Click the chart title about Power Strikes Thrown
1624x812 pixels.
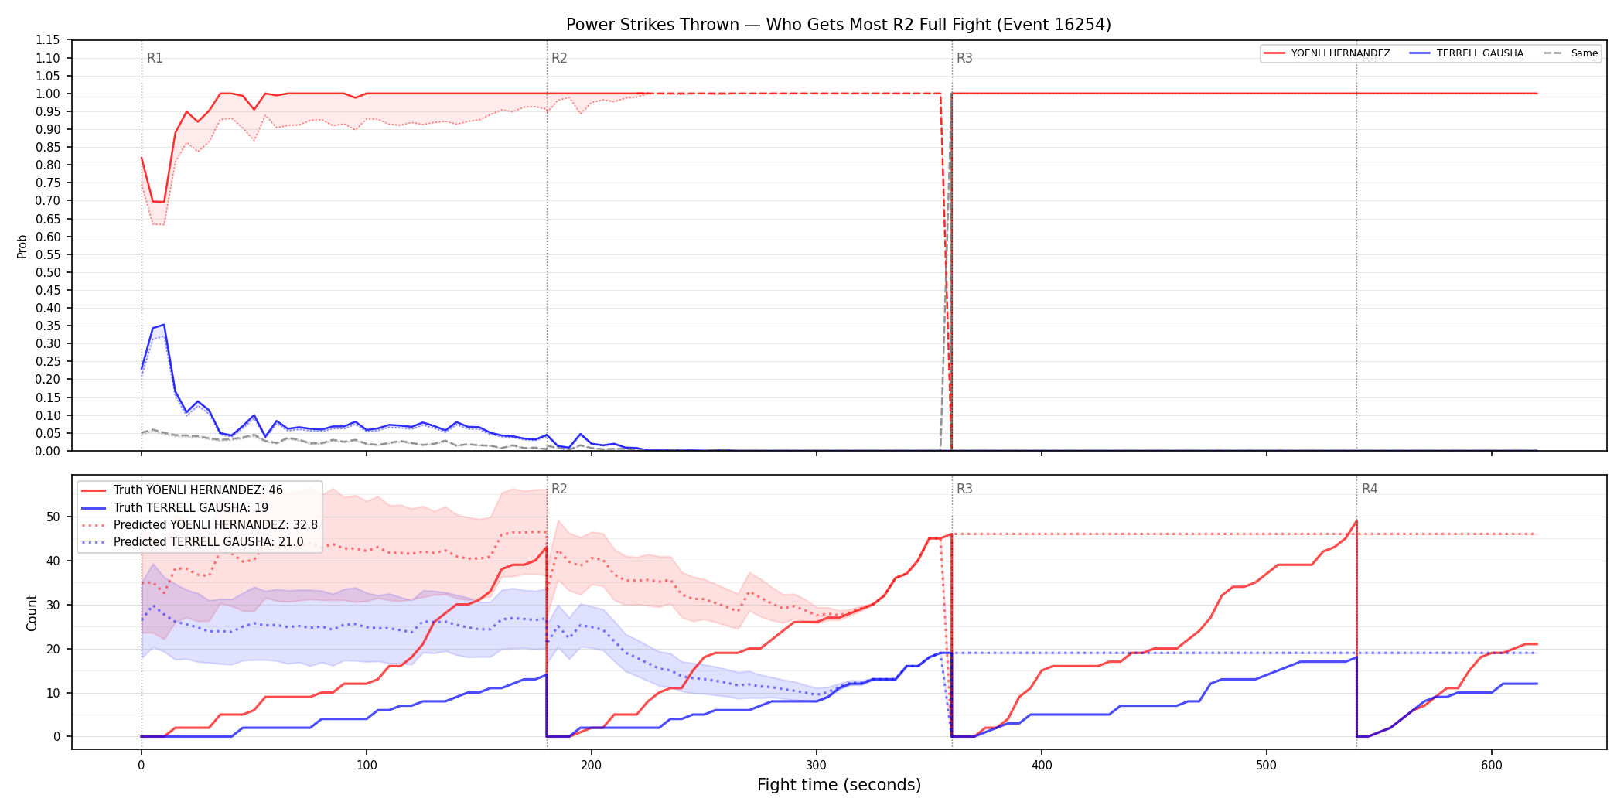pyautogui.click(x=838, y=25)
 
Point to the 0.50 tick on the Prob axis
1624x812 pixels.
pyautogui.click(x=47, y=272)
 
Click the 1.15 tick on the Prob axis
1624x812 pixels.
pyautogui.click(x=47, y=40)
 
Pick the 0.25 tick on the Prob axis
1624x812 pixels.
pyautogui.click(x=47, y=361)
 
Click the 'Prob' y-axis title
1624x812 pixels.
pyautogui.click(x=22, y=246)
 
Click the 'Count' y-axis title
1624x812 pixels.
pyautogui.click(x=32, y=612)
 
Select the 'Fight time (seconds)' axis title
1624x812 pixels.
pyautogui.click(x=839, y=785)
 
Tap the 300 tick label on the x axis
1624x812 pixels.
pyautogui.click(x=817, y=766)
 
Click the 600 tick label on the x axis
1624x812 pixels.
pyautogui.click(x=1492, y=766)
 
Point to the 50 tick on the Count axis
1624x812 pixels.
pyautogui.click(x=53, y=517)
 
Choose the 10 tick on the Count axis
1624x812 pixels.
pyautogui.click(x=53, y=693)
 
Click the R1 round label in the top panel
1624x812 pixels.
pyautogui.click(x=155, y=58)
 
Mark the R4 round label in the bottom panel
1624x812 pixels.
pyautogui.click(x=1370, y=489)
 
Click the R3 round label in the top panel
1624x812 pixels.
pyautogui.click(x=964, y=58)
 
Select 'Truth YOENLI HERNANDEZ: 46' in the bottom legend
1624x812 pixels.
pyautogui.click(x=198, y=490)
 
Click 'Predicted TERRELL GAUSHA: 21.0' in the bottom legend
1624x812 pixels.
pyautogui.click(x=209, y=542)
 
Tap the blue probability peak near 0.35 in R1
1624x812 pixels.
pyautogui.click(x=163, y=325)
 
